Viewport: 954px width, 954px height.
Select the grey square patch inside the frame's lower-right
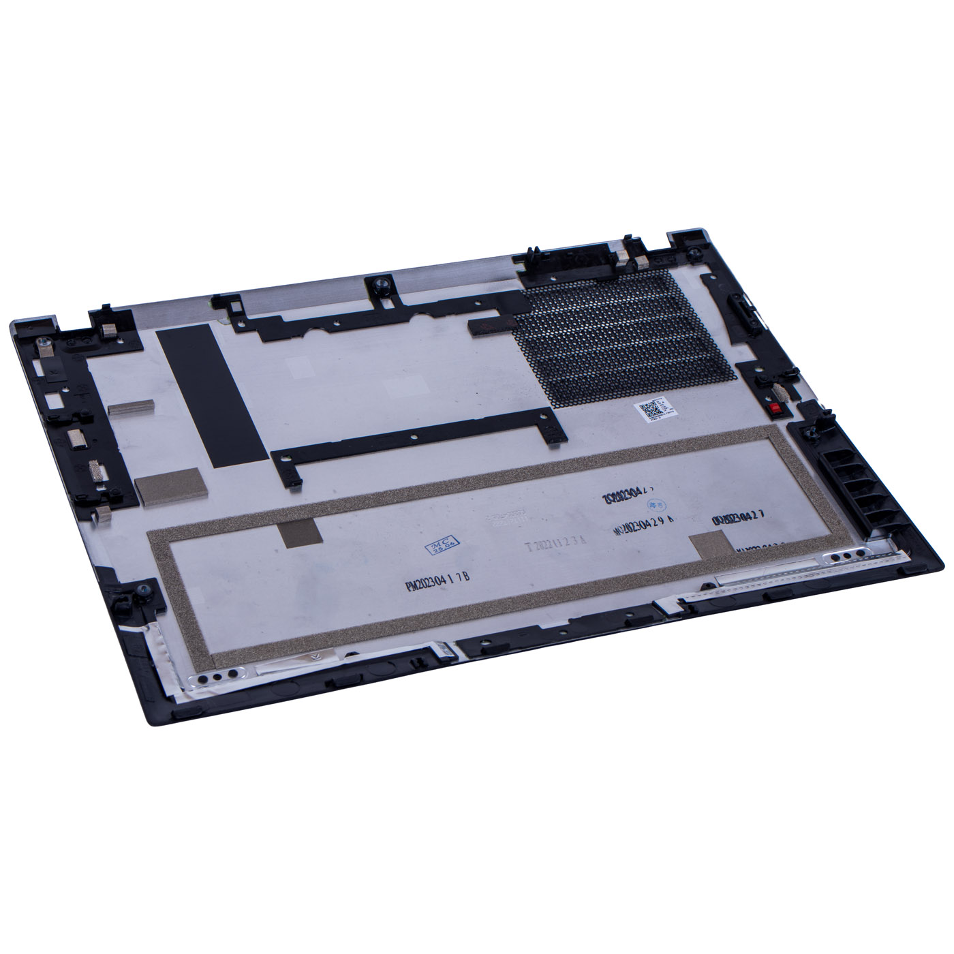pyautogui.click(x=709, y=547)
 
